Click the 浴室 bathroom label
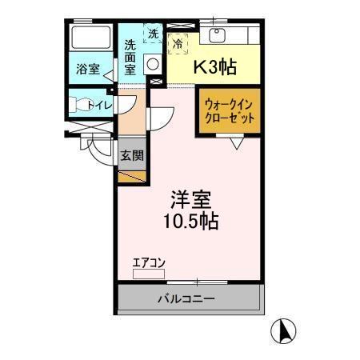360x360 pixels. click(88, 70)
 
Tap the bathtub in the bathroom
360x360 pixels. click(90, 38)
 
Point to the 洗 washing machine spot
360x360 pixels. click(153, 34)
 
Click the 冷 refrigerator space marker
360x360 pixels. click(178, 45)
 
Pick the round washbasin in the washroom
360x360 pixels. click(153, 66)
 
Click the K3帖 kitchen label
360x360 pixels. click(214, 67)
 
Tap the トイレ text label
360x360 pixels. click(103, 103)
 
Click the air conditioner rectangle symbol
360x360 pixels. click(148, 274)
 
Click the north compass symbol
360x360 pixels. click(286, 330)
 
